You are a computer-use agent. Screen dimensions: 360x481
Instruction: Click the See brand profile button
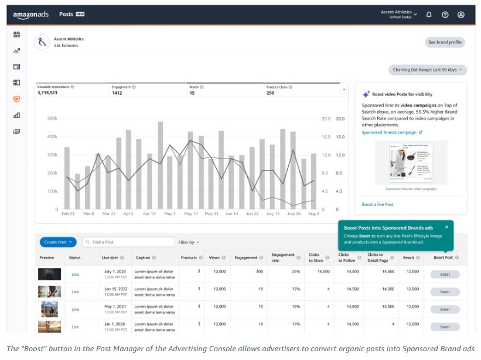click(x=445, y=42)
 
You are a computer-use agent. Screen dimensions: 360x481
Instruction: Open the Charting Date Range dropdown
click(x=427, y=70)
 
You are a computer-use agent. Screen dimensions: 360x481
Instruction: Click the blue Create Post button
click(x=58, y=242)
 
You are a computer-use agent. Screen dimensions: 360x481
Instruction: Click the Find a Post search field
click(x=129, y=242)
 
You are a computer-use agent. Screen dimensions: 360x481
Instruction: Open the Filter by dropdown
click(x=189, y=242)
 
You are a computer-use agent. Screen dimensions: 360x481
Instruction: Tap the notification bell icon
click(x=429, y=15)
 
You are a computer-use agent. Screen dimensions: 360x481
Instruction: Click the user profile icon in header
click(x=461, y=15)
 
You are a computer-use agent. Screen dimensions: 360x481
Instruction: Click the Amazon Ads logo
click(x=30, y=15)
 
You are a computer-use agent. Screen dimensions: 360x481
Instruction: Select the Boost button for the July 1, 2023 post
click(x=445, y=274)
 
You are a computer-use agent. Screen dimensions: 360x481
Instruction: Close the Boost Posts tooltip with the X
click(x=446, y=227)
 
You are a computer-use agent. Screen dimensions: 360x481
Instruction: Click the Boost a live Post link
click(x=377, y=204)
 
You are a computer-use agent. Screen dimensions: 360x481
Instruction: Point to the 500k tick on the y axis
click(x=52, y=118)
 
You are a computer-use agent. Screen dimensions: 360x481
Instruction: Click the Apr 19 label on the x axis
click(x=149, y=214)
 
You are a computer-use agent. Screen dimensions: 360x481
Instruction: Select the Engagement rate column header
click(x=283, y=258)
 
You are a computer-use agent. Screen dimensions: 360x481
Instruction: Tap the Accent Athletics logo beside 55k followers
click(x=42, y=42)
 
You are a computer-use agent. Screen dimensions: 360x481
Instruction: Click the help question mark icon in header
click(x=445, y=15)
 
